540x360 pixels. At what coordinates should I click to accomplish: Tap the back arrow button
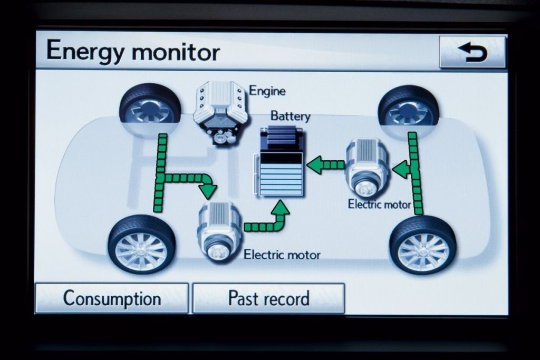472,52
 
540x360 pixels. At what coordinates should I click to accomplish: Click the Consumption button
112,298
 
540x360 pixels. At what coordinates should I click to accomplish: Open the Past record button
268,298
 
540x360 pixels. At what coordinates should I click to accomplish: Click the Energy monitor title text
132,52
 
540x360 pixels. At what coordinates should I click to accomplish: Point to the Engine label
267,91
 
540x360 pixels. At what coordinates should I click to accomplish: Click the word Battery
290,115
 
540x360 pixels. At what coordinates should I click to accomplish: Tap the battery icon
282,163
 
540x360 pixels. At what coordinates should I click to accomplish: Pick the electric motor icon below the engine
219,231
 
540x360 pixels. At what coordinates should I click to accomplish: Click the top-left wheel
150,104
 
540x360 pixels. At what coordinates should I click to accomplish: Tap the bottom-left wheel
141,244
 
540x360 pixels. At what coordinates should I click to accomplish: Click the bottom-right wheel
423,245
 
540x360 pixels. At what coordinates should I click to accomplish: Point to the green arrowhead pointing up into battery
281,208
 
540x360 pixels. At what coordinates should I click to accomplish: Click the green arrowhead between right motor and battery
315,165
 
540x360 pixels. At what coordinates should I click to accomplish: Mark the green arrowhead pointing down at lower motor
208,190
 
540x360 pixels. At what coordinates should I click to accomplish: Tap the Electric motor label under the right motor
379,205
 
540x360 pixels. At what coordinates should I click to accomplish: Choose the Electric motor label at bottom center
282,255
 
